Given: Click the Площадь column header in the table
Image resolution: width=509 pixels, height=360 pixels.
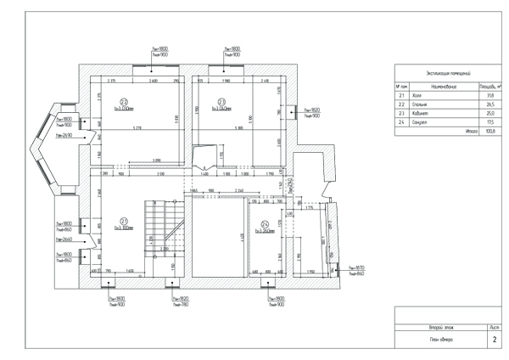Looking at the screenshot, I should pos(489,87).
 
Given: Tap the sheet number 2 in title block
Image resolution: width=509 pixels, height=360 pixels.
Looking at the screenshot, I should pos(494,339).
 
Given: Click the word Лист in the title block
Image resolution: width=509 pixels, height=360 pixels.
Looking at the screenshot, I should pos(494,326).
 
